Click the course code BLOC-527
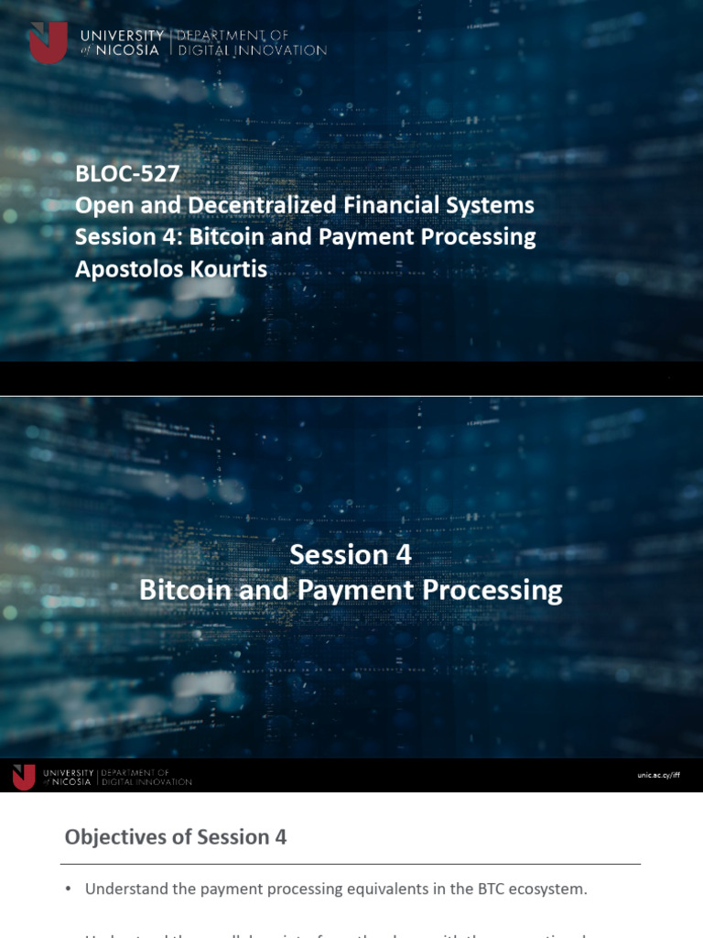click(x=127, y=172)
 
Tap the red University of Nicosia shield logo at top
click(x=48, y=42)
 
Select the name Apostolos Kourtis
click(x=171, y=268)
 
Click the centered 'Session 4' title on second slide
click(x=351, y=554)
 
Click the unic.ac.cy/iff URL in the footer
click(x=659, y=775)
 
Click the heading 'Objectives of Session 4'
click(x=176, y=836)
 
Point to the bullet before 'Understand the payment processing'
click(x=69, y=889)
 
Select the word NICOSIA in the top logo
click(x=132, y=50)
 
